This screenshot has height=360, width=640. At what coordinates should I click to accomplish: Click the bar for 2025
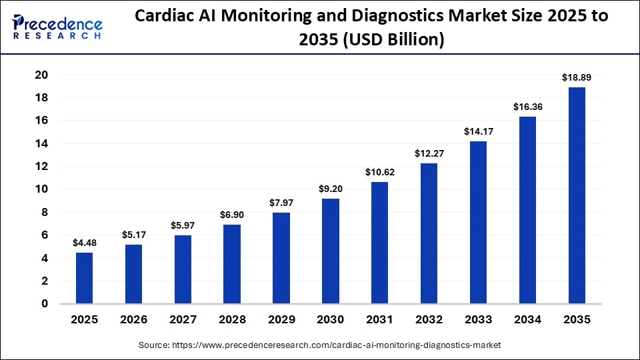click(85, 278)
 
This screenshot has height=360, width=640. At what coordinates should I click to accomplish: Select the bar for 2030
click(331, 251)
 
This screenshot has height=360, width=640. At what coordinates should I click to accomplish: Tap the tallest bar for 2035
click(577, 195)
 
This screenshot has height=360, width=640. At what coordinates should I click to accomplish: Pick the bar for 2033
click(478, 223)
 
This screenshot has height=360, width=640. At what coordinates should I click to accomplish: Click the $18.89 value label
click(577, 77)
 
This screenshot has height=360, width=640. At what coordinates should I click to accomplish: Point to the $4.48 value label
click(85, 243)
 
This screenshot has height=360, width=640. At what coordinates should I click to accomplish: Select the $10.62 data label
click(380, 172)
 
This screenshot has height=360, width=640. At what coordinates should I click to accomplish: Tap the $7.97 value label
click(281, 203)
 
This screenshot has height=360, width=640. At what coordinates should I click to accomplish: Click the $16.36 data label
click(527, 107)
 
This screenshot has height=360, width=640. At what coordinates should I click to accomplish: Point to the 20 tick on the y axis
click(41, 75)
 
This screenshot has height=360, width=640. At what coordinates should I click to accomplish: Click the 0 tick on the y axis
click(45, 304)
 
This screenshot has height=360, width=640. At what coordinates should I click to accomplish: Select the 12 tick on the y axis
click(41, 166)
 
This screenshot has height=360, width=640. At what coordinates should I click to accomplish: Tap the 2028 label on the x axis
click(232, 319)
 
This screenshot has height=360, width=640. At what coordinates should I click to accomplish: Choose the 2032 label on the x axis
click(429, 319)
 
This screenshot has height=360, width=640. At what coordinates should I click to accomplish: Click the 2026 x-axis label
click(133, 319)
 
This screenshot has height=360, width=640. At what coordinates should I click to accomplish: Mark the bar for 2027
click(183, 269)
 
